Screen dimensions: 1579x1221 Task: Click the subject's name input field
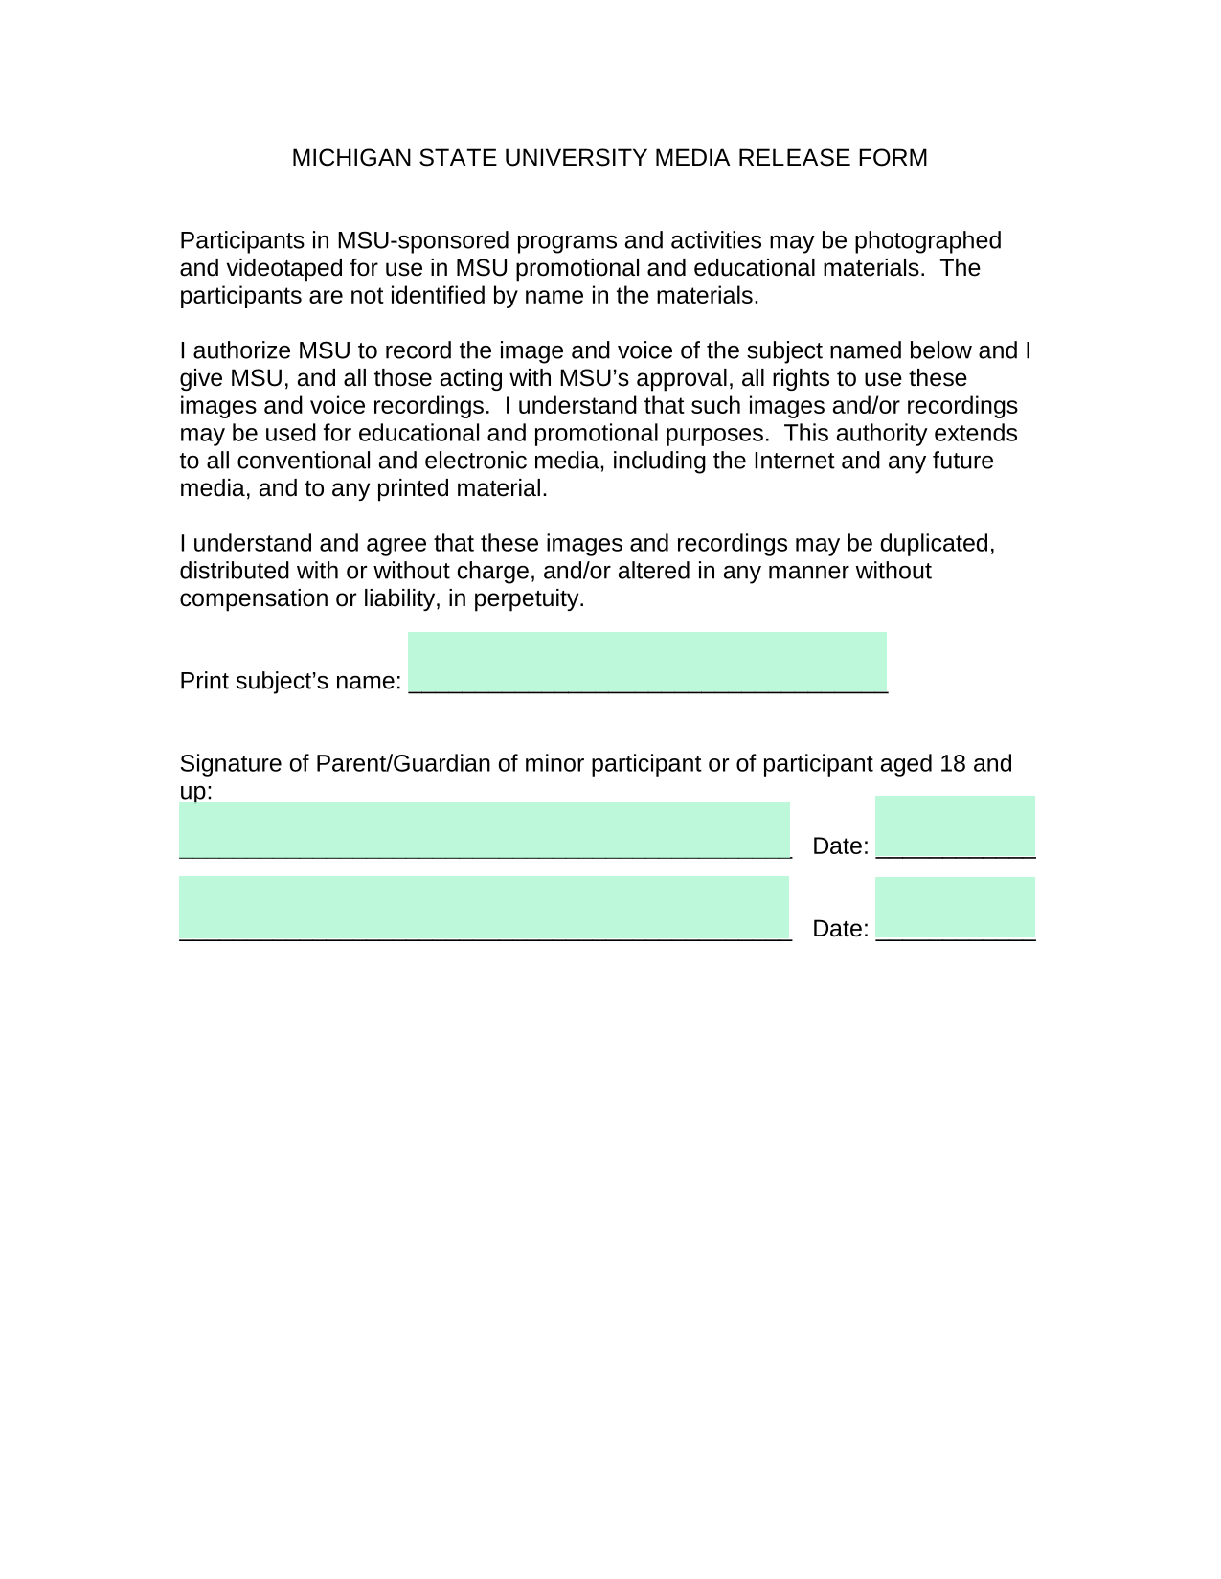(x=647, y=661)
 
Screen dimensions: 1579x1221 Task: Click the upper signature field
(x=484, y=829)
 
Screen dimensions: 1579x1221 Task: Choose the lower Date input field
(x=955, y=907)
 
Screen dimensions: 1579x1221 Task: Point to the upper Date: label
(x=840, y=846)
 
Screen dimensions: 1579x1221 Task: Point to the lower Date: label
(x=840, y=929)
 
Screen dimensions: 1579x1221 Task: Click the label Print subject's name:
(x=290, y=681)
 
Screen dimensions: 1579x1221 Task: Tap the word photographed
(x=927, y=240)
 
